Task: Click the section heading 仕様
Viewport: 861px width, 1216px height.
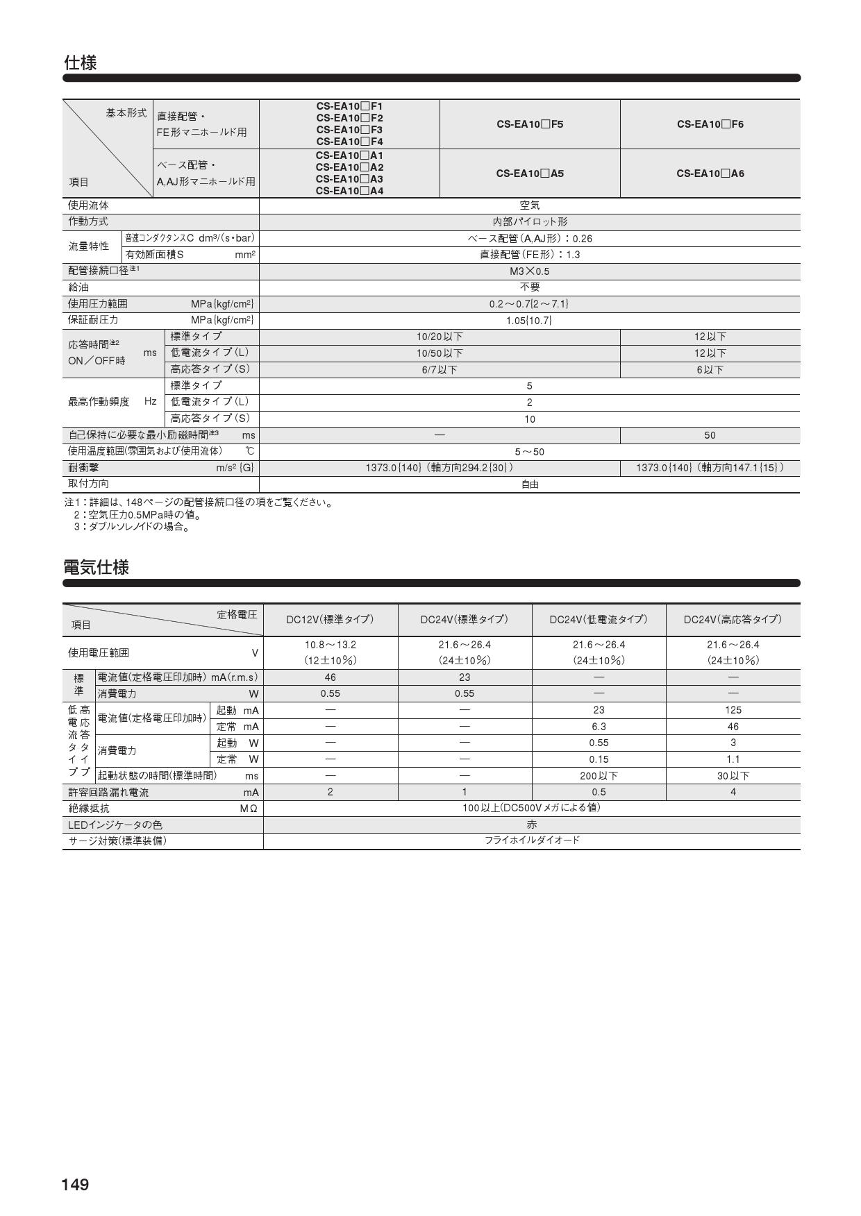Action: point(80,63)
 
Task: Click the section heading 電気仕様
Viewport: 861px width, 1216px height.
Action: point(96,567)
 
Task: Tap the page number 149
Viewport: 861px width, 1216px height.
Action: point(75,1184)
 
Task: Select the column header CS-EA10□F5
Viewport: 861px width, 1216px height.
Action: point(529,124)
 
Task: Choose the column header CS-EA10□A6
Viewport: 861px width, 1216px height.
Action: point(710,174)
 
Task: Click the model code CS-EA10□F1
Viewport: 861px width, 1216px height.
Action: point(349,106)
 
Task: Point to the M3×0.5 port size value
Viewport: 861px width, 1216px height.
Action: point(529,271)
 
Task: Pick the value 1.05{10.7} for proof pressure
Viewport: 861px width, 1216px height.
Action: point(529,320)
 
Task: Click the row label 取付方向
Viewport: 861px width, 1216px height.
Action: point(88,484)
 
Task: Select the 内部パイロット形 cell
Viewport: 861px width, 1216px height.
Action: point(529,221)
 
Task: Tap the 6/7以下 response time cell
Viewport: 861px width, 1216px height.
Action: point(439,370)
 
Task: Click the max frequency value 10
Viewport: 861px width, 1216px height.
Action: point(529,419)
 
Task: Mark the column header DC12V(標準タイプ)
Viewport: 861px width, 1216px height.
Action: point(330,619)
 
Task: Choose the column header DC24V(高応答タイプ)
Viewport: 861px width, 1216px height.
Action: point(733,619)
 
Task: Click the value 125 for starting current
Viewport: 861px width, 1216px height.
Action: point(733,710)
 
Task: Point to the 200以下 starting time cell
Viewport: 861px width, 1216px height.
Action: point(599,776)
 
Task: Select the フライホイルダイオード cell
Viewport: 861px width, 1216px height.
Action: point(531,841)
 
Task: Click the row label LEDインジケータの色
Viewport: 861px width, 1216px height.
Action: point(115,825)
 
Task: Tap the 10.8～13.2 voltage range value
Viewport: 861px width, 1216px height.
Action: point(330,645)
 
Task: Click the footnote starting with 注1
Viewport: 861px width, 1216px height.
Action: point(199,503)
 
